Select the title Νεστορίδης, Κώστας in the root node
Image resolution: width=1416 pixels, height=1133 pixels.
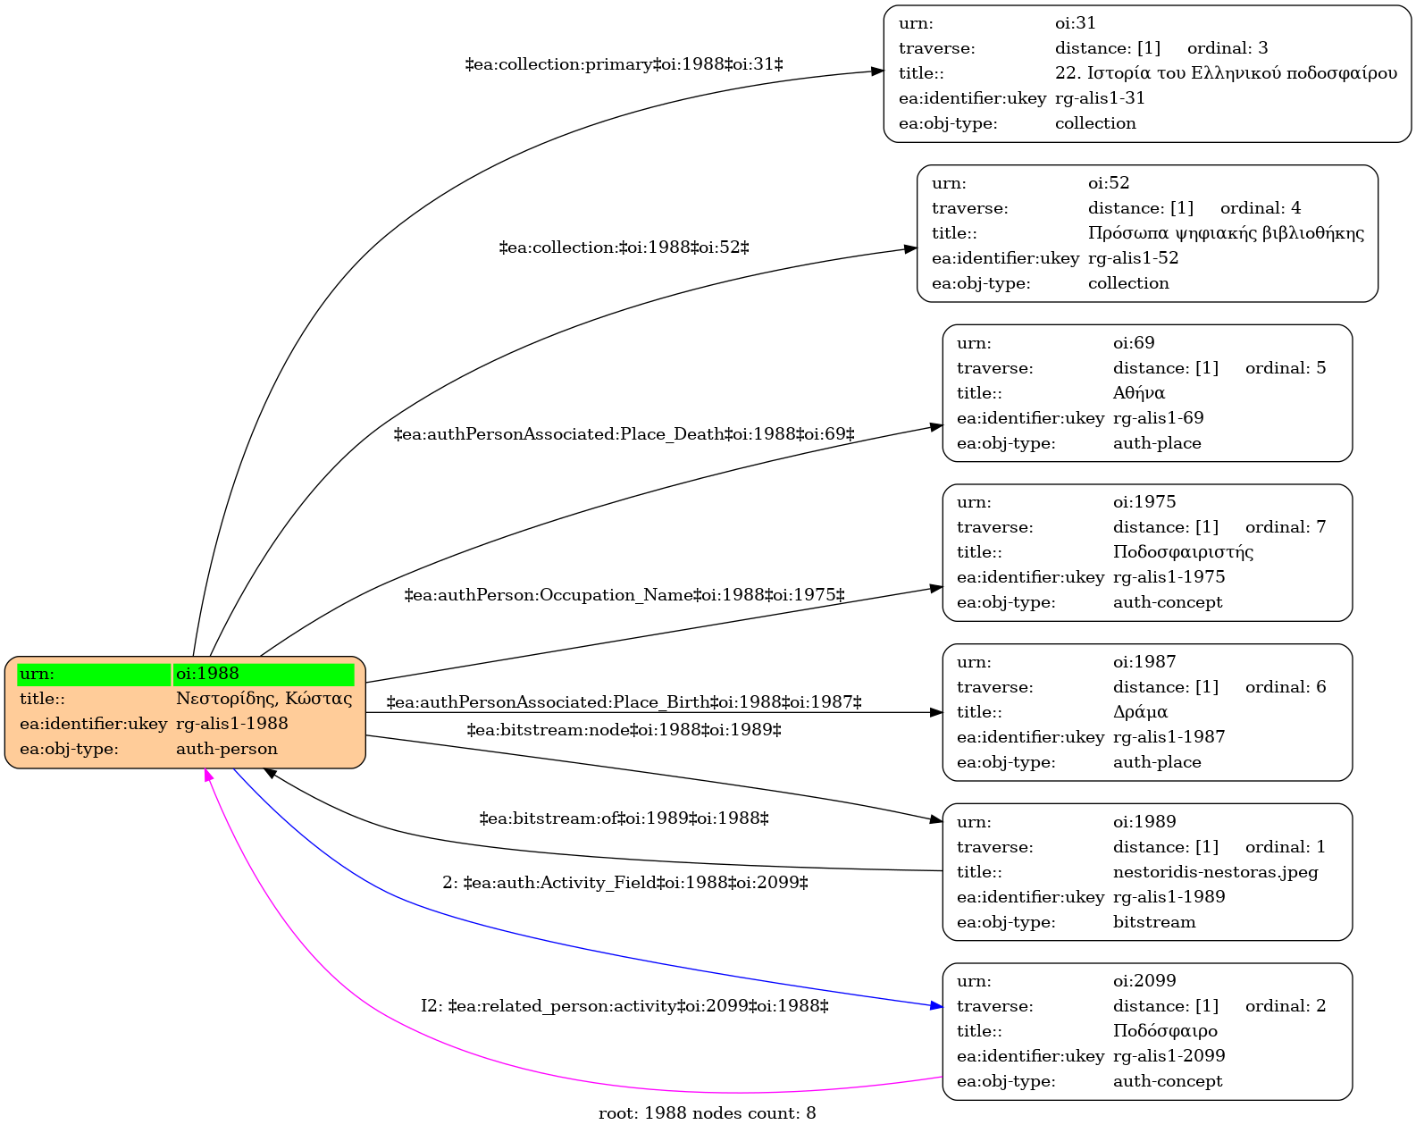click(x=264, y=699)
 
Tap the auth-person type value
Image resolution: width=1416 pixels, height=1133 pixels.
click(x=226, y=749)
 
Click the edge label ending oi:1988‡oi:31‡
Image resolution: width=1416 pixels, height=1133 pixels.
click(x=624, y=64)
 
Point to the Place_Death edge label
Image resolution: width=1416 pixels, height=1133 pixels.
click(x=624, y=434)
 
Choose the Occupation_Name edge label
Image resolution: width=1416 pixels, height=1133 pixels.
click(x=624, y=595)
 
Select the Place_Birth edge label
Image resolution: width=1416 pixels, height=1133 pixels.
click(x=624, y=702)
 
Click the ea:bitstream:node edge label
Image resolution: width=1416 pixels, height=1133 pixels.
click(x=624, y=730)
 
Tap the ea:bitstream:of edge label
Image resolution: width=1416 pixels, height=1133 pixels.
click(x=624, y=818)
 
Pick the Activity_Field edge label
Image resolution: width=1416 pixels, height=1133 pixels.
click(x=625, y=882)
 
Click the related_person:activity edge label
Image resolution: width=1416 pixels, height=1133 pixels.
click(x=624, y=1006)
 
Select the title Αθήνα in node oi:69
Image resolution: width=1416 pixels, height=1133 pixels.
click(x=1138, y=393)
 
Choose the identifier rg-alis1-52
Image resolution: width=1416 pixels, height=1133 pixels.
click(x=1133, y=258)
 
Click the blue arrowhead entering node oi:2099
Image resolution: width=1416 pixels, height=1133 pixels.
click(x=935, y=1006)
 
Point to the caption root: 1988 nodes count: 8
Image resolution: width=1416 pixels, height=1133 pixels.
click(x=707, y=1113)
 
